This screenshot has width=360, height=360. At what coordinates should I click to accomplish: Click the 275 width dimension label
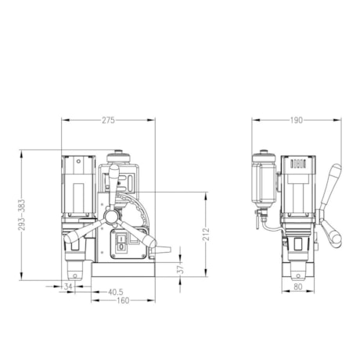pos(108,120)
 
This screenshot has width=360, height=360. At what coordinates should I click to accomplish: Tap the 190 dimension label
pos(297,120)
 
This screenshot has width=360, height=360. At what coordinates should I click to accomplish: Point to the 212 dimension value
pos(206,235)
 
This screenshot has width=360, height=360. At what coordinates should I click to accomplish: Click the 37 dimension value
pos(179,268)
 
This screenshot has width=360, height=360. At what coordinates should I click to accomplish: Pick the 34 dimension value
pos(68,287)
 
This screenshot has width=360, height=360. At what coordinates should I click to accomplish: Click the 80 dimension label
pos(297,286)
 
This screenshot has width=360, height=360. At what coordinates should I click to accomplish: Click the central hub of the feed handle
pos(111,215)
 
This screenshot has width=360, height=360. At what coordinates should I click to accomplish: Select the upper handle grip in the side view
pos(337,176)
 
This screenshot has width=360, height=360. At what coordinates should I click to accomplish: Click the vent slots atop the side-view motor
pos(297,164)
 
